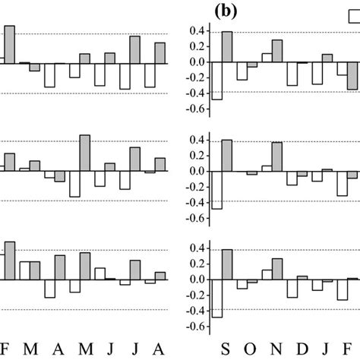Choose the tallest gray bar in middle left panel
(85, 153)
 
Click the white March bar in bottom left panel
(24, 271)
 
